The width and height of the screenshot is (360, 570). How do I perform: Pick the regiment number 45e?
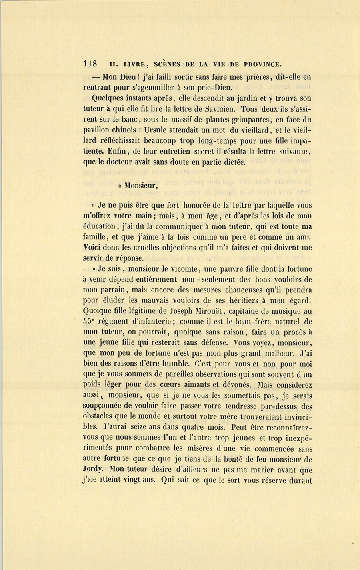(x=91, y=321)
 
